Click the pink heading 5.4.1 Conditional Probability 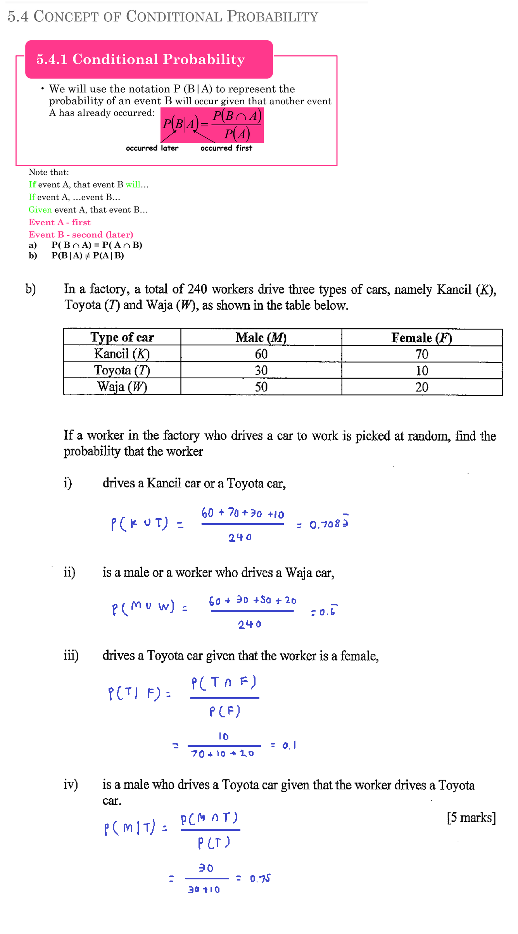point(140,59)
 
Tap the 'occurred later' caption point(152,148)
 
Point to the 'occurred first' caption point(226,148)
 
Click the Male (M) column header point(261,338)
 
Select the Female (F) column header point(421,338)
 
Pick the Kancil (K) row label point(122,354)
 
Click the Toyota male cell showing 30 point(261,370)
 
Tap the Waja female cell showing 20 point(422,387)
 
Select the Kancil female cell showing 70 point(422,354)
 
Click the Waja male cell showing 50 point(261,387)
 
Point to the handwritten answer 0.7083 point(329,524)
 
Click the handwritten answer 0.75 point(260,879)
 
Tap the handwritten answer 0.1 point(289,745)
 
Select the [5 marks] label point(471,818)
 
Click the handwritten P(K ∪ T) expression point(140,524)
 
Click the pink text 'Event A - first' point(60,222)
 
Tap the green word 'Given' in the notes point(40,210)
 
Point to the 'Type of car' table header point(122,337)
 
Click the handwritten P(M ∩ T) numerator point(209,818)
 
